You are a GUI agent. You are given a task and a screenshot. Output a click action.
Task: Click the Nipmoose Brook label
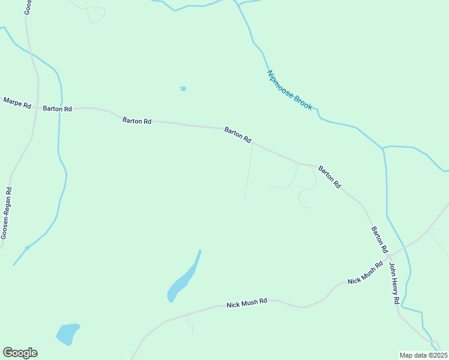coord(289,90)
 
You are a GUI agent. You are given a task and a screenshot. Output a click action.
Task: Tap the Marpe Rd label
coord(17,103)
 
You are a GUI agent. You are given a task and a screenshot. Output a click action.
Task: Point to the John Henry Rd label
coord(394,283)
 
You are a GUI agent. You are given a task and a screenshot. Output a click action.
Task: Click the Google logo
coord(20,353)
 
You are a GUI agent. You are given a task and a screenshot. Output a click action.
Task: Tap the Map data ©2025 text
coord(423,355)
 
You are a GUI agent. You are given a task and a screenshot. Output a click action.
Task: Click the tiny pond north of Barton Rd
coord(183,89)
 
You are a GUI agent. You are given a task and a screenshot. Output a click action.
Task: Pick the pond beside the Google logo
coord(67,333)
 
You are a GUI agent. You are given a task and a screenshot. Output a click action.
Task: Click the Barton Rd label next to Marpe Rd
coord(58,109)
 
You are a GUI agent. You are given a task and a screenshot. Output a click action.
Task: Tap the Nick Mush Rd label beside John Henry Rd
coord(365,273)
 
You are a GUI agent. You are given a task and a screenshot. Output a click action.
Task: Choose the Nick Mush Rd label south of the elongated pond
coord(247,304)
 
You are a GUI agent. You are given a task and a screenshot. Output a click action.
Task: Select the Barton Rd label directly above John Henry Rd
coord(379,239)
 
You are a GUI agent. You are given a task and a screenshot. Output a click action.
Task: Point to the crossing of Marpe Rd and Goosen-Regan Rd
coord(38,109)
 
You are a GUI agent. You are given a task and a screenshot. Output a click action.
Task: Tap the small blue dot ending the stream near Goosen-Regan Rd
coord(26,248)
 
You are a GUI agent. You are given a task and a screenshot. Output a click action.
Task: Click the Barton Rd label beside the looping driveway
coord(329,177)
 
